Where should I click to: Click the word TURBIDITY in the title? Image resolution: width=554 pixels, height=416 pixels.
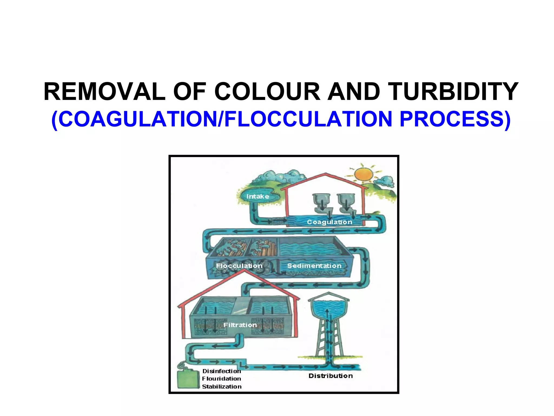(453, 92)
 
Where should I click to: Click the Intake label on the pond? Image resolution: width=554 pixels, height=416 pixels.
(258, 196)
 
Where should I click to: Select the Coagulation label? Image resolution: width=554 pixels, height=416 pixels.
(329, 222)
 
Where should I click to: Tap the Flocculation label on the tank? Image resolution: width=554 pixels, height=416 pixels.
(239, 266)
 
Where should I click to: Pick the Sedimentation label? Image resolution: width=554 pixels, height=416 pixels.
(314, 266)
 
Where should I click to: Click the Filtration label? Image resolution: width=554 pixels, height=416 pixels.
(240, 325)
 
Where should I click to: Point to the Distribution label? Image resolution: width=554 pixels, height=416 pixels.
(331, 376)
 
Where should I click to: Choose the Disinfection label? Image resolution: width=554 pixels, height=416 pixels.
(222, 371)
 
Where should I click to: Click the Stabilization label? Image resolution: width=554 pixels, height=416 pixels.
(222, 386)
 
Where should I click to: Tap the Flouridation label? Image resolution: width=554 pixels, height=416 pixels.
(222, 379)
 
